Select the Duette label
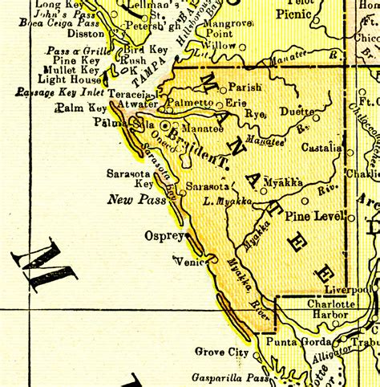[297, 112]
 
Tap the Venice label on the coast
[190, 259]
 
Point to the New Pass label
[131, 200]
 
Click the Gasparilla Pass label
[228, 377]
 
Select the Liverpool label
[348, 289]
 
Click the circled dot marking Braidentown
[166, 127]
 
